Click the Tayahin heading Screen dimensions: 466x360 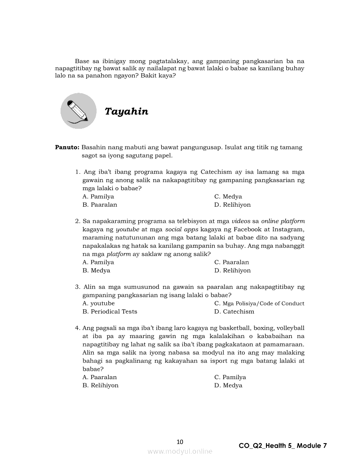(x=126, y=112)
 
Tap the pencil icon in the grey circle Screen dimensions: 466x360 (x=78, y=111)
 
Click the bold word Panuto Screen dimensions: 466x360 (x=67, y=147)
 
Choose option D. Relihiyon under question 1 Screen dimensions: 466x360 (x=232, y=205)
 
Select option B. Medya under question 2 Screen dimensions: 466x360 (x=96, y=271)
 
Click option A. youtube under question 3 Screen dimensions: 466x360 (x=98, y=303)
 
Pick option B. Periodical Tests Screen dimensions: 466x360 (x=110, y=312)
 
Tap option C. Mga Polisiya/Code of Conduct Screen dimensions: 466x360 (x=259, y=303)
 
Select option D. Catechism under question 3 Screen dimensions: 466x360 (x=234, y=312)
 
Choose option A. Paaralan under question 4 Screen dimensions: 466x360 (x=100, y=377)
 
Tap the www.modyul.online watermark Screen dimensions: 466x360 (x=180, y=452)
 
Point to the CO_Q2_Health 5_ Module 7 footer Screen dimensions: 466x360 (x=282, y=446)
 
